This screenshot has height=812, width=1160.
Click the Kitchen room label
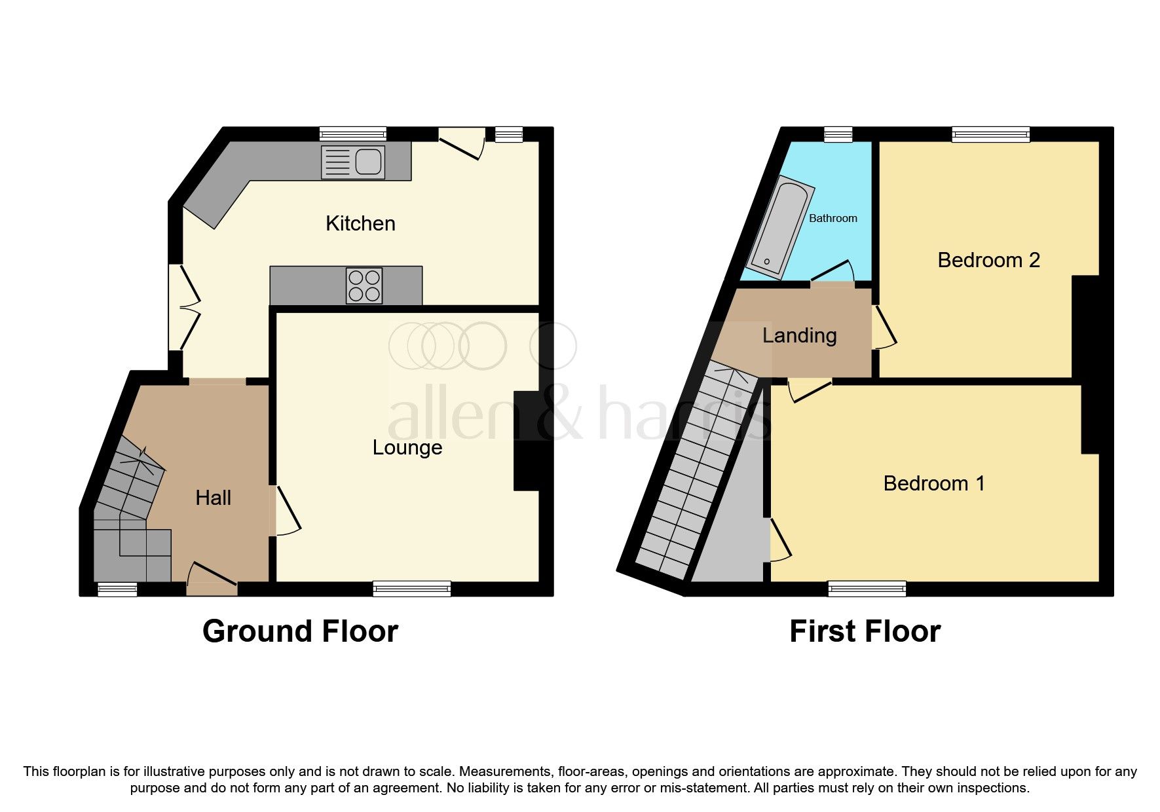pos(360,224)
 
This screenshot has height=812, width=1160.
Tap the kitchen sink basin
pos(369,162)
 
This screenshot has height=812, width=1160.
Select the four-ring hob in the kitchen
pos(365,286)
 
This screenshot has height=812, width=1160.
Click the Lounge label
pos(407,448)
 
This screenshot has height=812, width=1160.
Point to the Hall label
pos(214,498)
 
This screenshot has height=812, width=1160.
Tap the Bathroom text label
pos(833,219)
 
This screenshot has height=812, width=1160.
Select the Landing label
pos(799,336)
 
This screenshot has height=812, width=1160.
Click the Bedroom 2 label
pos(988,261)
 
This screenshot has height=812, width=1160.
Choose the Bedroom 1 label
pos(933,484)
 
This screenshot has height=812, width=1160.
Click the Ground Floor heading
pos(300,632)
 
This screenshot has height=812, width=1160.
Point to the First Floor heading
pos(865,632)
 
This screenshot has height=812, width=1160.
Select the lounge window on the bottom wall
pos(411,589)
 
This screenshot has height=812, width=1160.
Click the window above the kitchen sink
pos(352,134)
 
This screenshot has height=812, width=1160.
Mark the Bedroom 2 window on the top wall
pos(990,134)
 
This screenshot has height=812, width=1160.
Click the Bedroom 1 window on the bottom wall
pos(867,589)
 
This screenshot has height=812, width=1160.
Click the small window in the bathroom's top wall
pos(838,134)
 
